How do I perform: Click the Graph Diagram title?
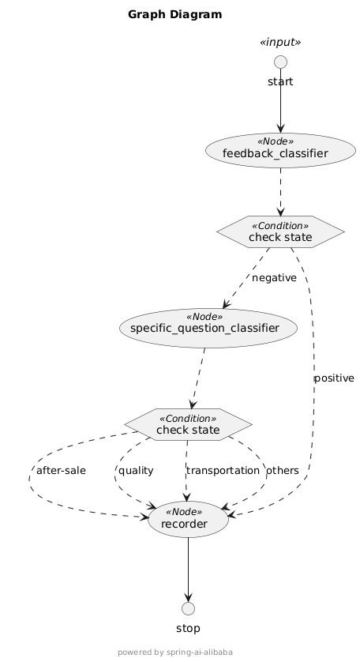tap(174, 14)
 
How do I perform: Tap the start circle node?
tap(280, 62)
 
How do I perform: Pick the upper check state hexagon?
tap(280, 231)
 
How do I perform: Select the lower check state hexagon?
tap(188, 424)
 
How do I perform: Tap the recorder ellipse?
tap(188, 519)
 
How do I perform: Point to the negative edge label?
tap(275, 278)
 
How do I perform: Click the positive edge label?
tap(334, 378)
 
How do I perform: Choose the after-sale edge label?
tap(61, 470)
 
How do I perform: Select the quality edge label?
tap(136, 470)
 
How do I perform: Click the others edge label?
tap(283, 470)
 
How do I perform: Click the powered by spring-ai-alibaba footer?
tap(174, 653)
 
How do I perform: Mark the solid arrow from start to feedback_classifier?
tap(280, 103)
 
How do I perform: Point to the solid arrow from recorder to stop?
tap(188, 569)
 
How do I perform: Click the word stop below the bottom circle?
tap(188, 629)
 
